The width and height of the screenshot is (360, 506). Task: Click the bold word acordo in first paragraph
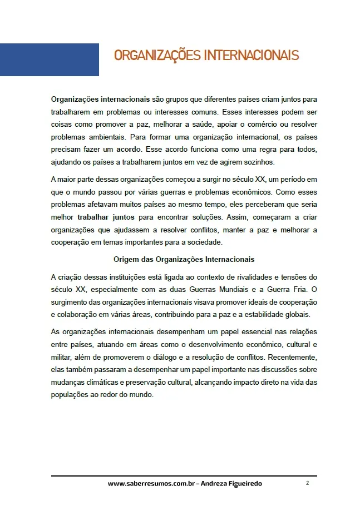(129, 150)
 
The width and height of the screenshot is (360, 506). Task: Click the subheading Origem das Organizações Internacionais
(184, 259)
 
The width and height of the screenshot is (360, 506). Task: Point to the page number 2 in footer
(307, 483)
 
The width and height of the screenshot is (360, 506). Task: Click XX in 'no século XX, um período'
(253, 179)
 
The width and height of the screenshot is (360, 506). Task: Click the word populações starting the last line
(70, 395)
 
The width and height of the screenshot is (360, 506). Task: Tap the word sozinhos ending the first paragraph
(258, 162)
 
